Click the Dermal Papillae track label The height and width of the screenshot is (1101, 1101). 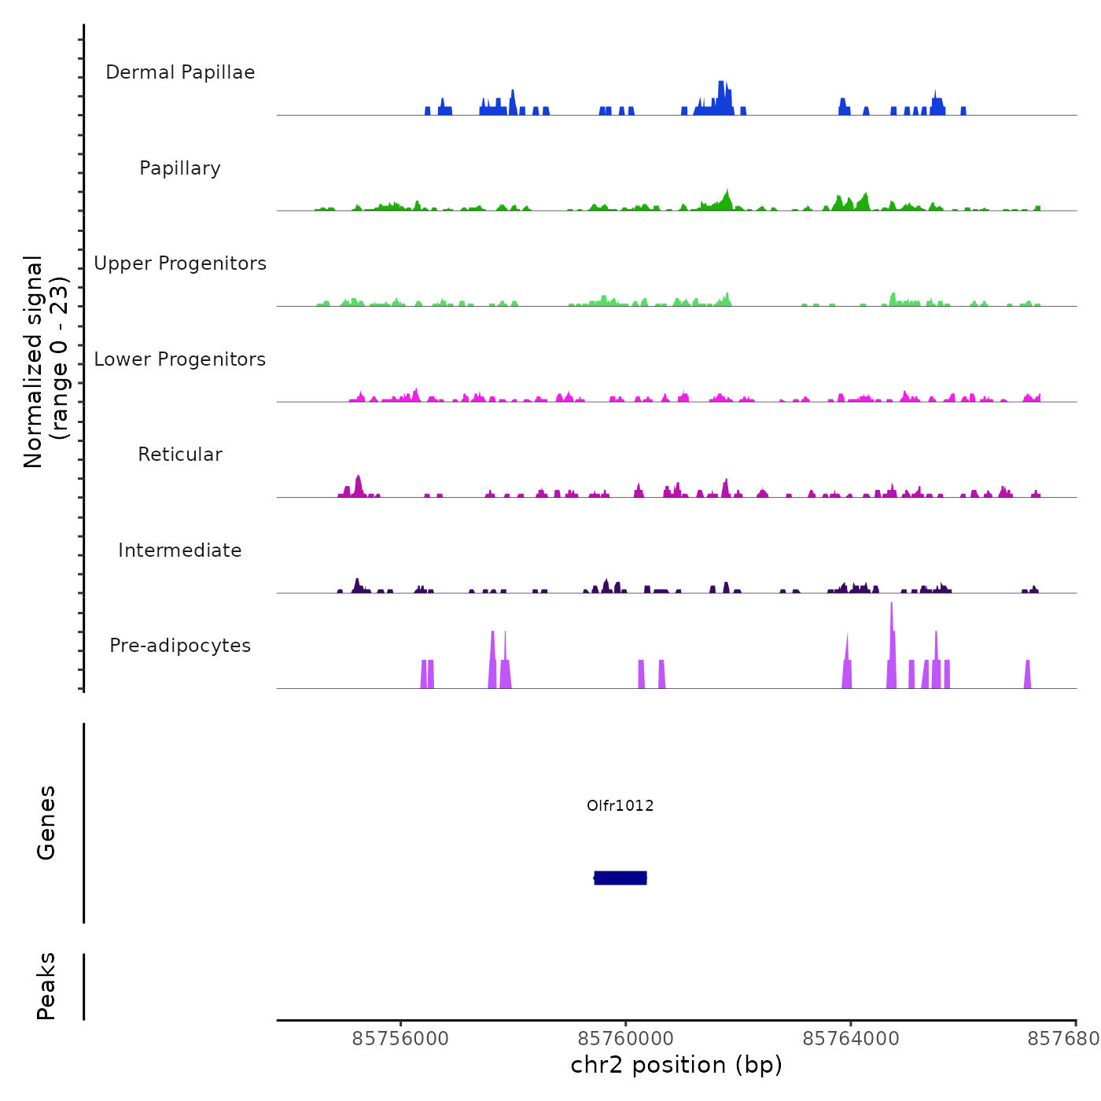point(180,72)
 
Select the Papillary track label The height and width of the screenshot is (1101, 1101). point(180,168)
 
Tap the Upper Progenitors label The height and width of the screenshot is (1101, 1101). point(180,263)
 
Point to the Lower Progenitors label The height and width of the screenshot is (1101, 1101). point(180,359)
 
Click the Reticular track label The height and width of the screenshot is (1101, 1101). point(180,455)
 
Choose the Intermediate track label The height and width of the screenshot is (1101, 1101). point(180,550)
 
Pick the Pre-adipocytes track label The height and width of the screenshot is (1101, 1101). point(180,646)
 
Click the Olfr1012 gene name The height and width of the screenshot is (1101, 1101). point(620,805)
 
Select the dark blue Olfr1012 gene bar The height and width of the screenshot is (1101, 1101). point(620,878)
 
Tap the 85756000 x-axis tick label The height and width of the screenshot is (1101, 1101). point(400,1039)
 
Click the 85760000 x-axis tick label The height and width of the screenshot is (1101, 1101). point(626,1039)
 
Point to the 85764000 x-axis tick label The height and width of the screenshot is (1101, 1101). point(851,1039)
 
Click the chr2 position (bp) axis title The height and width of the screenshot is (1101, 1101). point(676,1065)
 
